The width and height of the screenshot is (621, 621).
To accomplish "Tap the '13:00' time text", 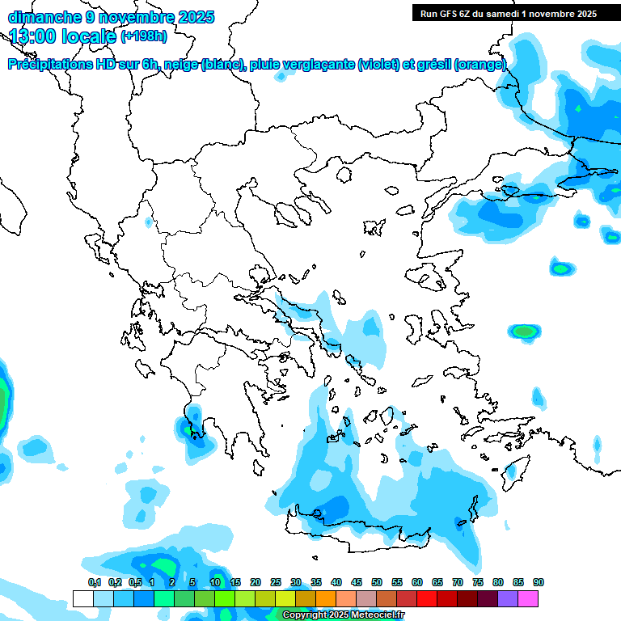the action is pyautogui.click(x=32, y=36).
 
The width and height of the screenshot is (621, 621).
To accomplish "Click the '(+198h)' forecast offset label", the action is pyautogui.click(x=144, y=36).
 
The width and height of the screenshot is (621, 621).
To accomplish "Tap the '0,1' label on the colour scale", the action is pyautogui.click(x=94, y=583).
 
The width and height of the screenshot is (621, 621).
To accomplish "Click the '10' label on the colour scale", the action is pyautogui.click(x=215, y=583).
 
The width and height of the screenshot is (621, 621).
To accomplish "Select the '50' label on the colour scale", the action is pyautogui.click(x=377, y=583).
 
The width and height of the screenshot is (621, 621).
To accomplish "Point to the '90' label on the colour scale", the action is pyautogui.click(x=539, y=583).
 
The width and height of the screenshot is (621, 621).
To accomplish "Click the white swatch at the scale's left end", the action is pyautogui.click(x=82, y=598).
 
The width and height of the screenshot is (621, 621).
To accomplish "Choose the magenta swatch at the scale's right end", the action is pyautogui.click(x=528, y=598).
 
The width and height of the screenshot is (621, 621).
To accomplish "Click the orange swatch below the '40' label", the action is pyautogui.click(x=326, y=598).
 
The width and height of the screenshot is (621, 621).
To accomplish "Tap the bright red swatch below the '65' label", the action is pyautogui.click(x=427, y=598).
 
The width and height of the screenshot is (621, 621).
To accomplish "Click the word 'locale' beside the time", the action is pyautogui.click(x=87, y=36).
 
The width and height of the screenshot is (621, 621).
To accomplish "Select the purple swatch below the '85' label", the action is pyautogui.click(x=508, y=598).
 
